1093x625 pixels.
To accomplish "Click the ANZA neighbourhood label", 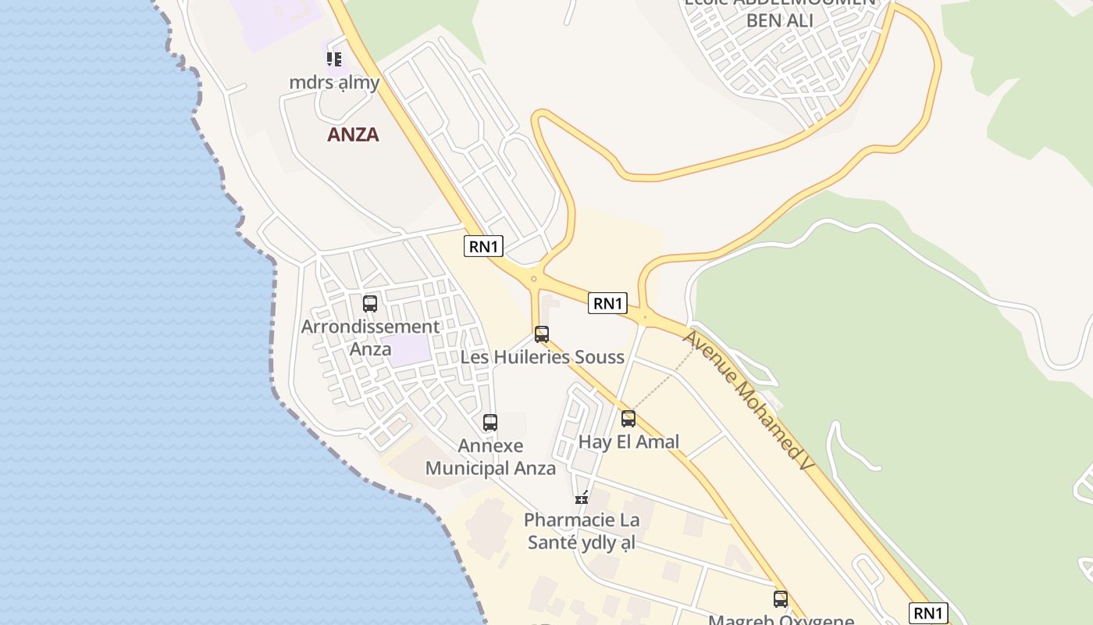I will pyautogui.click(x=353, y=134).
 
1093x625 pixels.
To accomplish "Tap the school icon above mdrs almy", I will pyautogui.click(x=334, y=59).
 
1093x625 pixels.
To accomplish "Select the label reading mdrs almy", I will pyautogui.click(x=334, y=83).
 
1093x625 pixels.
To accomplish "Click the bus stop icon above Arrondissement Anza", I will pyautogui.click(x=370, y=304).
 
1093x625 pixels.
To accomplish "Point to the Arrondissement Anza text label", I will pyautogui.click(x=371, y=337).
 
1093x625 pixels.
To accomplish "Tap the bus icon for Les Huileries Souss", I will pyautogui.click(x=542, y=334).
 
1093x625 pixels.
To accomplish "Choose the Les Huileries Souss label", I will pyautogui.click(x=543, y=358).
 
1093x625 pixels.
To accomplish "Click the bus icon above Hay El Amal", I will pyautogui.click(x=628, y=419).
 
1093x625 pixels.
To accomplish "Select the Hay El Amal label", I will pyautogui.click(x=628, y=442).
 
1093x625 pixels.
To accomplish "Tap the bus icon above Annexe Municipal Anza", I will pyautogui.click(x=490, y=423).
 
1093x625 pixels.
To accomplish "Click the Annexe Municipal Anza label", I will pyautogui.click(x=490, y=457).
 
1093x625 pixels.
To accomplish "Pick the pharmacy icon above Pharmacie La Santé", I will pyautogui.click(x=582, y=496).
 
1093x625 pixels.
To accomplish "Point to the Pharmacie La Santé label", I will pyautogui.click(x=582, y=531).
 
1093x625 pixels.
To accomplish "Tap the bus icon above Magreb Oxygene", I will pyautogui.click(x=781, y=599).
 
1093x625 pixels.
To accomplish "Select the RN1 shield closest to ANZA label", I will pyautogui.click(x=483, y=246).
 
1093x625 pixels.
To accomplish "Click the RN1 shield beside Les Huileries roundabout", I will pyautogui.click(x=607, y=303).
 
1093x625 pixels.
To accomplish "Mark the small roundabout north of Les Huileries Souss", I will pyautogui.click(x=534, y=279).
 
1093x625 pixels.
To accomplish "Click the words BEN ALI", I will pyautogui.click(x=779, y=20).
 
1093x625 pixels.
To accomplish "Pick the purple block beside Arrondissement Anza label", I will pyautogui.click(x=411, y=350).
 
